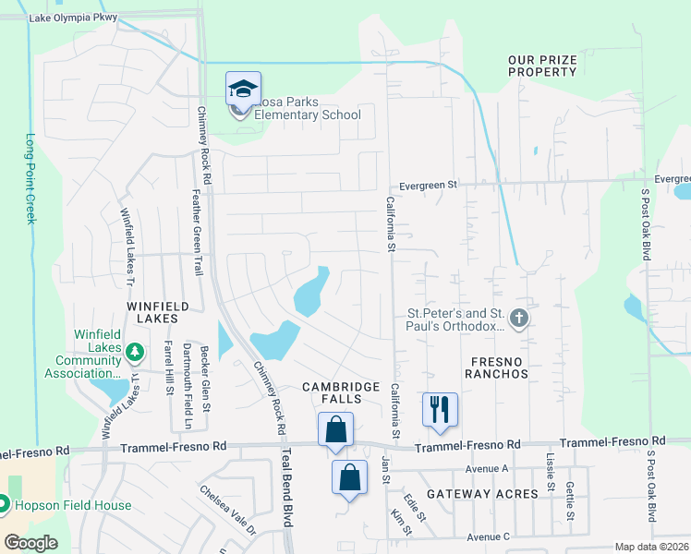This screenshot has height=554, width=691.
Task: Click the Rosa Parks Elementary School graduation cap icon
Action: (243, 90)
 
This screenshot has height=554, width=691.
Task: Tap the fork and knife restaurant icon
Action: (440, 408)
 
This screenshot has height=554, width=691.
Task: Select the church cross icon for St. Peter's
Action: (519, 319)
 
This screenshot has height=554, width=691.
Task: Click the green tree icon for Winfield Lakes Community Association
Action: (135, 351)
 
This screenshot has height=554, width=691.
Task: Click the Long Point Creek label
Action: (30, 178)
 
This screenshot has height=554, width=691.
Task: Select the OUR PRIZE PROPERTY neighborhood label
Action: (542, 66)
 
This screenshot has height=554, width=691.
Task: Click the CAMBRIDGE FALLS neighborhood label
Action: (341, 392)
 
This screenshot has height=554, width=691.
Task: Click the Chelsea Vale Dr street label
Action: (227, 511)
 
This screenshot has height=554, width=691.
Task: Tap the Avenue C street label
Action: (489, 536)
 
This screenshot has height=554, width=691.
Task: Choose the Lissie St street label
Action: (550, 472)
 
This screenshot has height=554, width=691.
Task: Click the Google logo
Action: (31, 543)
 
